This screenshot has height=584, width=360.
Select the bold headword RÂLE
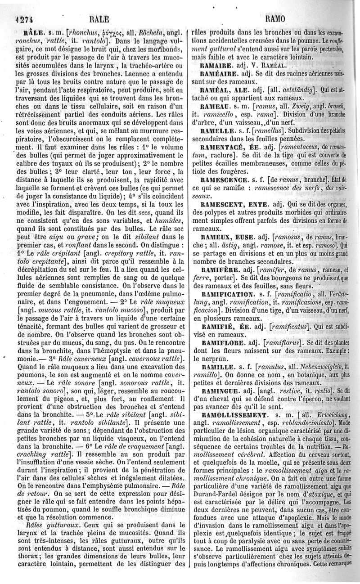32,32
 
